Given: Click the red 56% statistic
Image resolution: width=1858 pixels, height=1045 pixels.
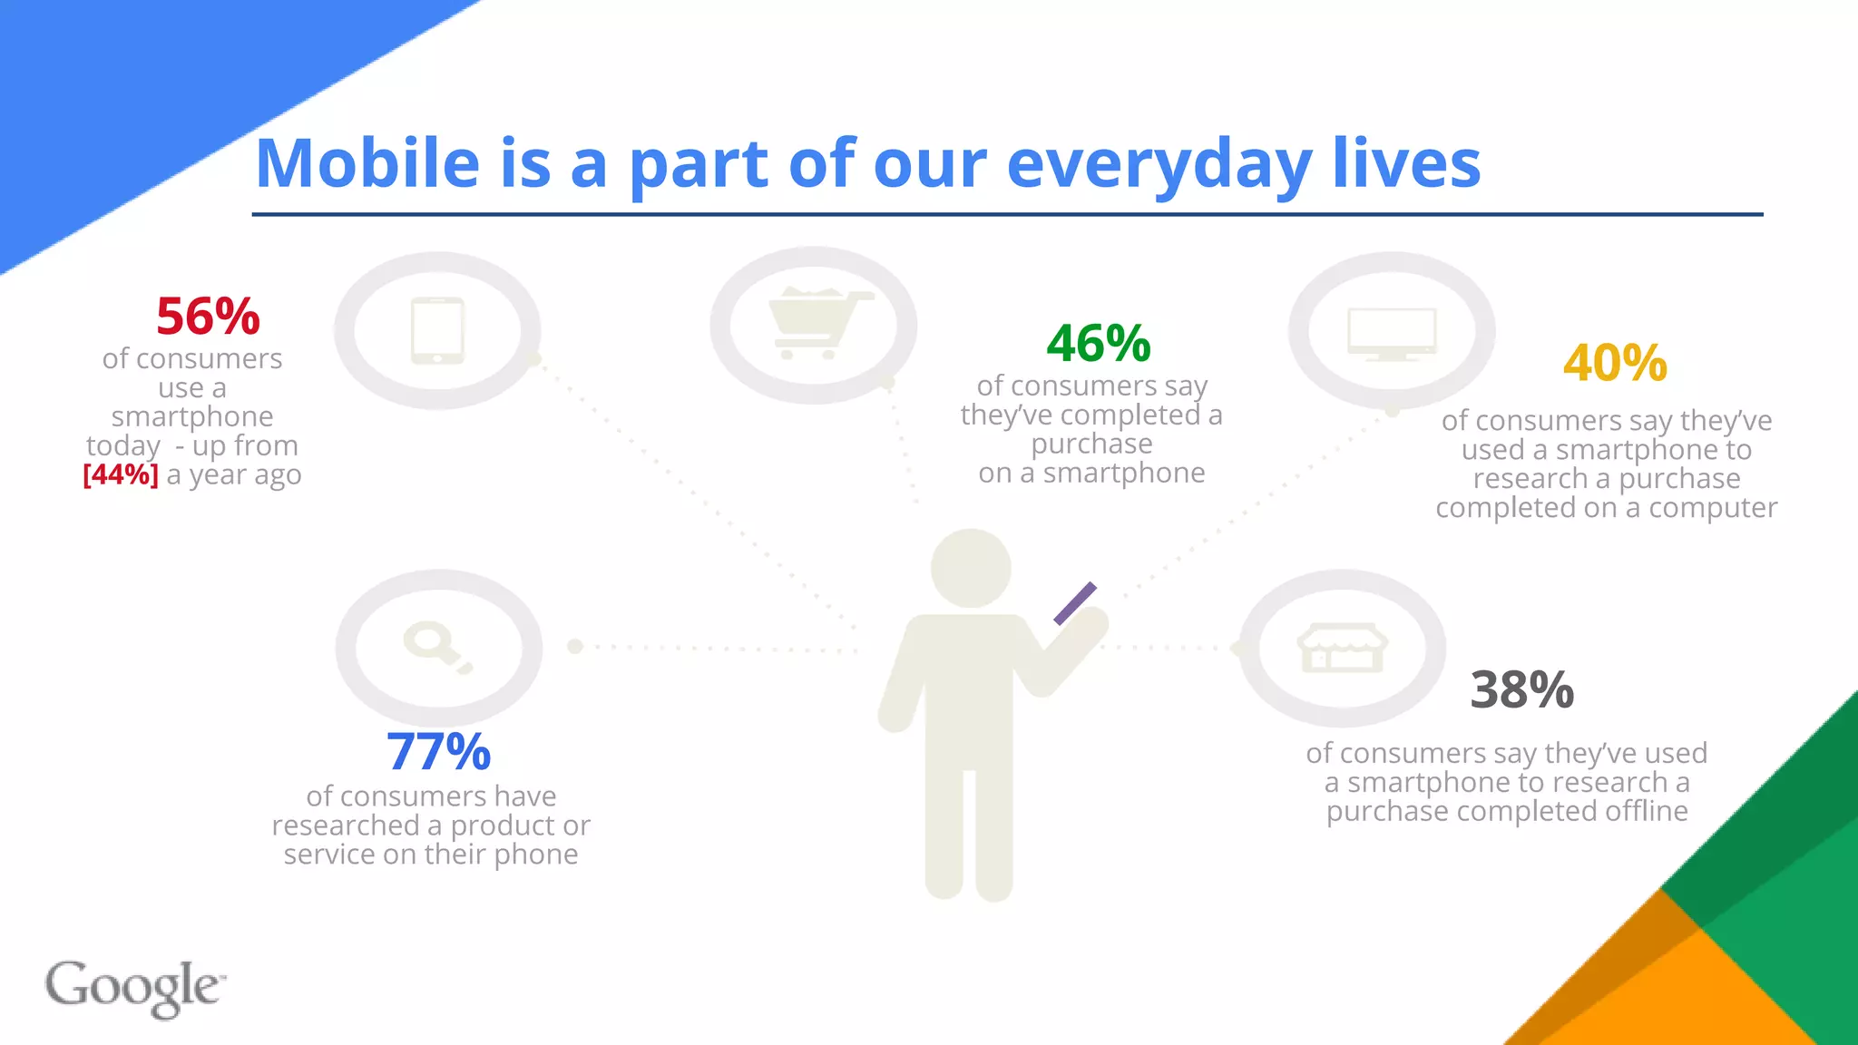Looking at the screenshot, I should point(208,316).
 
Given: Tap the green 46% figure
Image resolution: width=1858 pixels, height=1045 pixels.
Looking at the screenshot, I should point(1098,343).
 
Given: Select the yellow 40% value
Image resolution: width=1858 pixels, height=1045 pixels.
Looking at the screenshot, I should point(1615,363).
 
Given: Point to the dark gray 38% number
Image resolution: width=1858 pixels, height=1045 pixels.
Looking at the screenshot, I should point(1521,689).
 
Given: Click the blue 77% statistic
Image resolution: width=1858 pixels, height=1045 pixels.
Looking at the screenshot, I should point(438,751).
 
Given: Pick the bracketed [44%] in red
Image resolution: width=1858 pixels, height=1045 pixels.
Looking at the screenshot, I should point(120,474).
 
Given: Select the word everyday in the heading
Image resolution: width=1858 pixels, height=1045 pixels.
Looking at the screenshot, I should point(1159,165).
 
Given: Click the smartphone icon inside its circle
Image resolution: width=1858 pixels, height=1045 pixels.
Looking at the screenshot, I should point(437,331).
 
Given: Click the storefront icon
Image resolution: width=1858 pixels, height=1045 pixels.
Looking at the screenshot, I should point(1342,648).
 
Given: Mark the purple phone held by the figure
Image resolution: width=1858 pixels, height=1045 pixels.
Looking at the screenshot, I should point(1075,603).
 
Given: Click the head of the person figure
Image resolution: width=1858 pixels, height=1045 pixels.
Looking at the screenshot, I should point(971,569).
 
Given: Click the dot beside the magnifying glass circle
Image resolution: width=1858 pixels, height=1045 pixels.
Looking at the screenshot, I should point(574,647).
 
